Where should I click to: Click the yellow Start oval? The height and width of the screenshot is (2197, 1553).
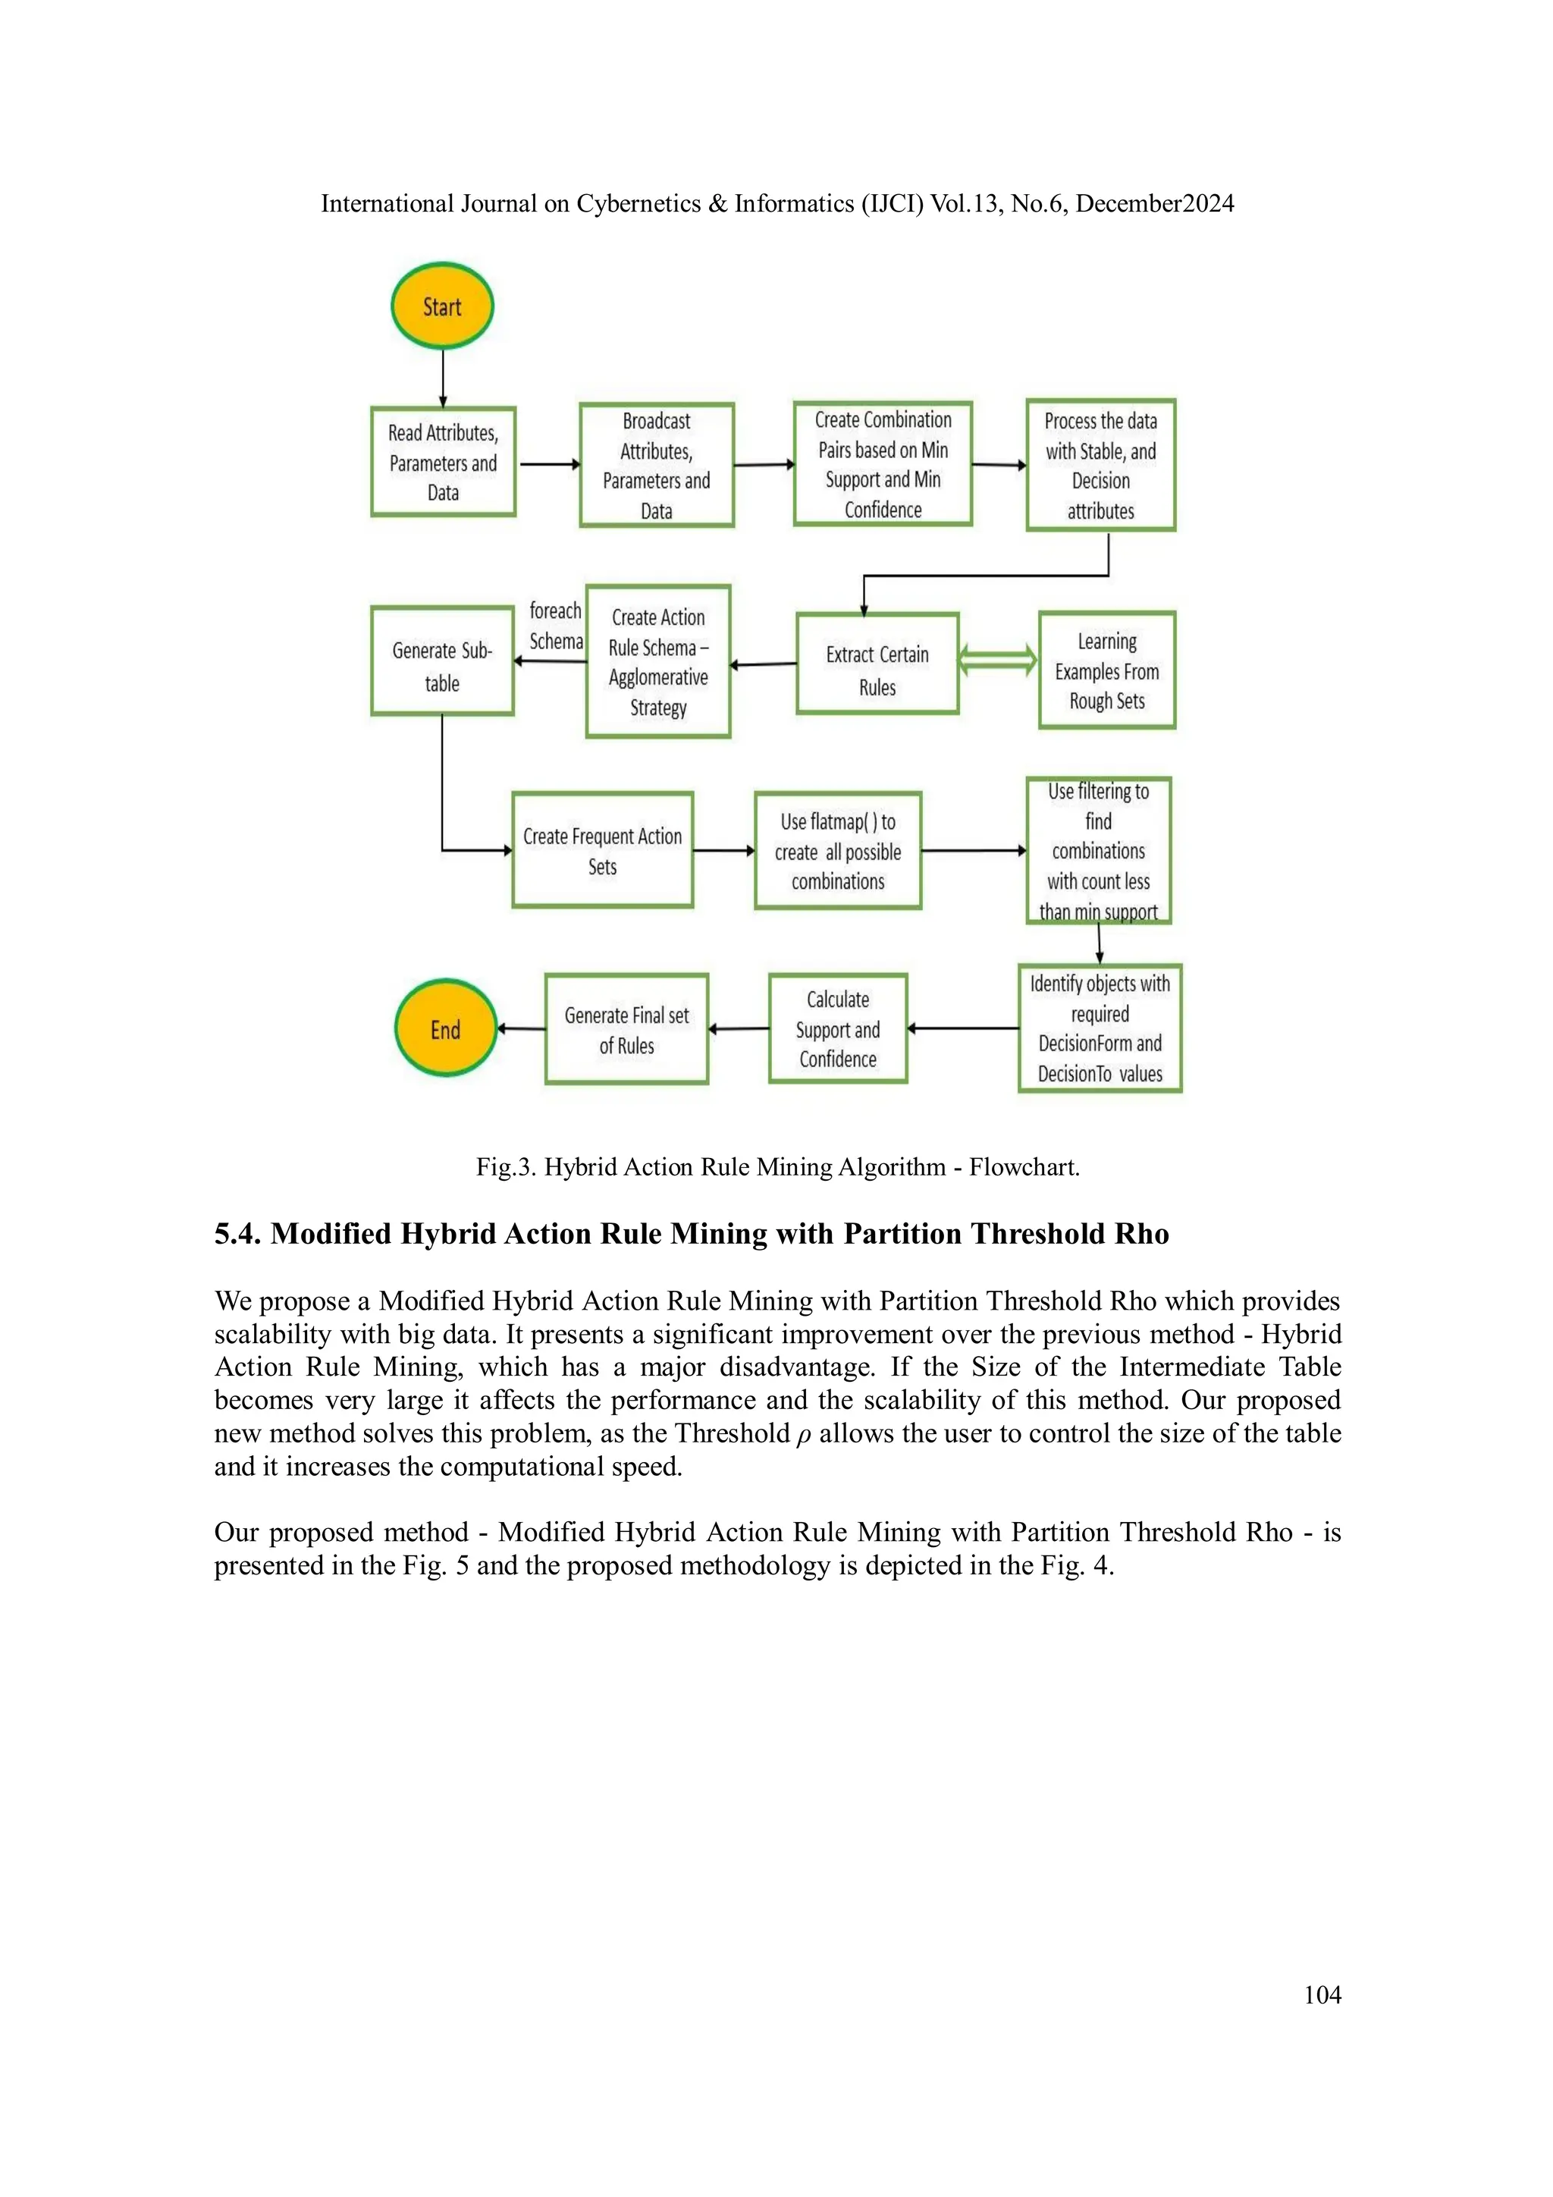pyautogui.click(x=442, y=306)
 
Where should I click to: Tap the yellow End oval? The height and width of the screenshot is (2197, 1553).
pyautogui.click(x=446, y=1028)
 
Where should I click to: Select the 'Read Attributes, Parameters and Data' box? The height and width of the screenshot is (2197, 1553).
pyautogui.click(x=443, y=462)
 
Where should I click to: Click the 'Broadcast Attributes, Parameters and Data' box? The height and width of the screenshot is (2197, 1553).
pyautogui.click(x=657, y=465)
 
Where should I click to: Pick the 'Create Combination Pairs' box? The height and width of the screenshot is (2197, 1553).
pyautogui.click(x=882, y=464)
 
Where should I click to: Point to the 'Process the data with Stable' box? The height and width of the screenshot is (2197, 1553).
pyautogui.click(x=1100, y=465)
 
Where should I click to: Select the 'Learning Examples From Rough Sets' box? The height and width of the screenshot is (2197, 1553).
pyautogui.click(x=1107, y=670)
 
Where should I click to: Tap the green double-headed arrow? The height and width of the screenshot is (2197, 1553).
pyautogui.click(x=998, y=661)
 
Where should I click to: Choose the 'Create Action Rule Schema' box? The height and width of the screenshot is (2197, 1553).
pyautogui.click(x=658, y=662)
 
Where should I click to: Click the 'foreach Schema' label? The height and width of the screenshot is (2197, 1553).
pyautogui.click(x=556, y=626)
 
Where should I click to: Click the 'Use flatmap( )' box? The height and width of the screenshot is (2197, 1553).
pyautogui.click(x=838, y=851)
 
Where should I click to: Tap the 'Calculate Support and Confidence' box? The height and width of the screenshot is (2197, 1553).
pyautogui.click(x=838, y=1028)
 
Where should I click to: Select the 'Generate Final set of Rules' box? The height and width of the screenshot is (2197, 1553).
pyautogui.click(x=627, y=1030)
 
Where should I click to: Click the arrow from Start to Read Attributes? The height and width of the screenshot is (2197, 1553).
pyautogui.click(x=443, y=378)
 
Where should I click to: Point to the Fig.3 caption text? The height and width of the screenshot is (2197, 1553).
pyautogui.click(x=777, y=1167)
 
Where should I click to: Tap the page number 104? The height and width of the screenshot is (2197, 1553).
pyautogui.click(x=1322, y=1995)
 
